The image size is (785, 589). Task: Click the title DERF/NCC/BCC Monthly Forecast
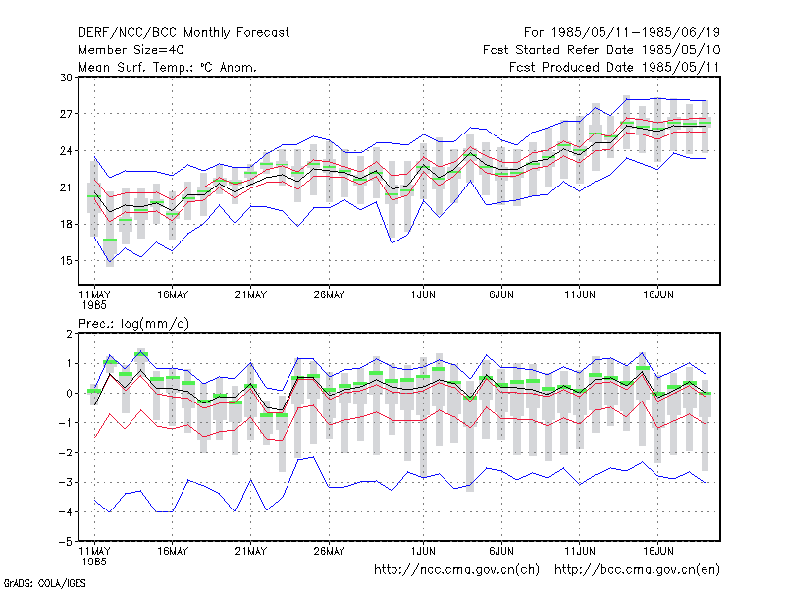tap(183, 33)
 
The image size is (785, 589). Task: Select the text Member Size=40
tap(131, 50)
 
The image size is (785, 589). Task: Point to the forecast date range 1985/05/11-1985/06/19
tap(622, 33)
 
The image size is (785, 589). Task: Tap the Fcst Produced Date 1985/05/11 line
tap(614, 67)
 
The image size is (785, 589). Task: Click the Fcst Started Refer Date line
tap(602, 50)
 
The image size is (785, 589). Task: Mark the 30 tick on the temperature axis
tap(66, 78)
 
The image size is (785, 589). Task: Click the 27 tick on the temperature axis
tap(66, 114)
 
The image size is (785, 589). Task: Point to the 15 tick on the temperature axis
tap(66, 261)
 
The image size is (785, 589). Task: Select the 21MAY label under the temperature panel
tap(251, 295)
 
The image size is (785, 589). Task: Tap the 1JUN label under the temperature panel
tap(423, 295)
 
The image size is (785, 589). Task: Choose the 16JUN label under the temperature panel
tap(657, 295)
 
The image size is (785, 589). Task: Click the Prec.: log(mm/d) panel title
tap(134, 324)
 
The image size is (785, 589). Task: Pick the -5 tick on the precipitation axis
tap(65, 542)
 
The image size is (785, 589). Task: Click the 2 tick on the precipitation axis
tap(69, 334)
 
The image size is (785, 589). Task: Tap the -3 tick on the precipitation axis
tap(65, 483)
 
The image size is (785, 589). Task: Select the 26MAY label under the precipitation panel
tap(329, 551)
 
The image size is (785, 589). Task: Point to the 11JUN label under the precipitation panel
tap(580, 551)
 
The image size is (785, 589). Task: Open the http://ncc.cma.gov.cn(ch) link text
tap(456, 570)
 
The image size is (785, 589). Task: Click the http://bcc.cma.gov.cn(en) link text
tap(637, 570)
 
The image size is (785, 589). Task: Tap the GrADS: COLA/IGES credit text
tap(44, 583)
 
